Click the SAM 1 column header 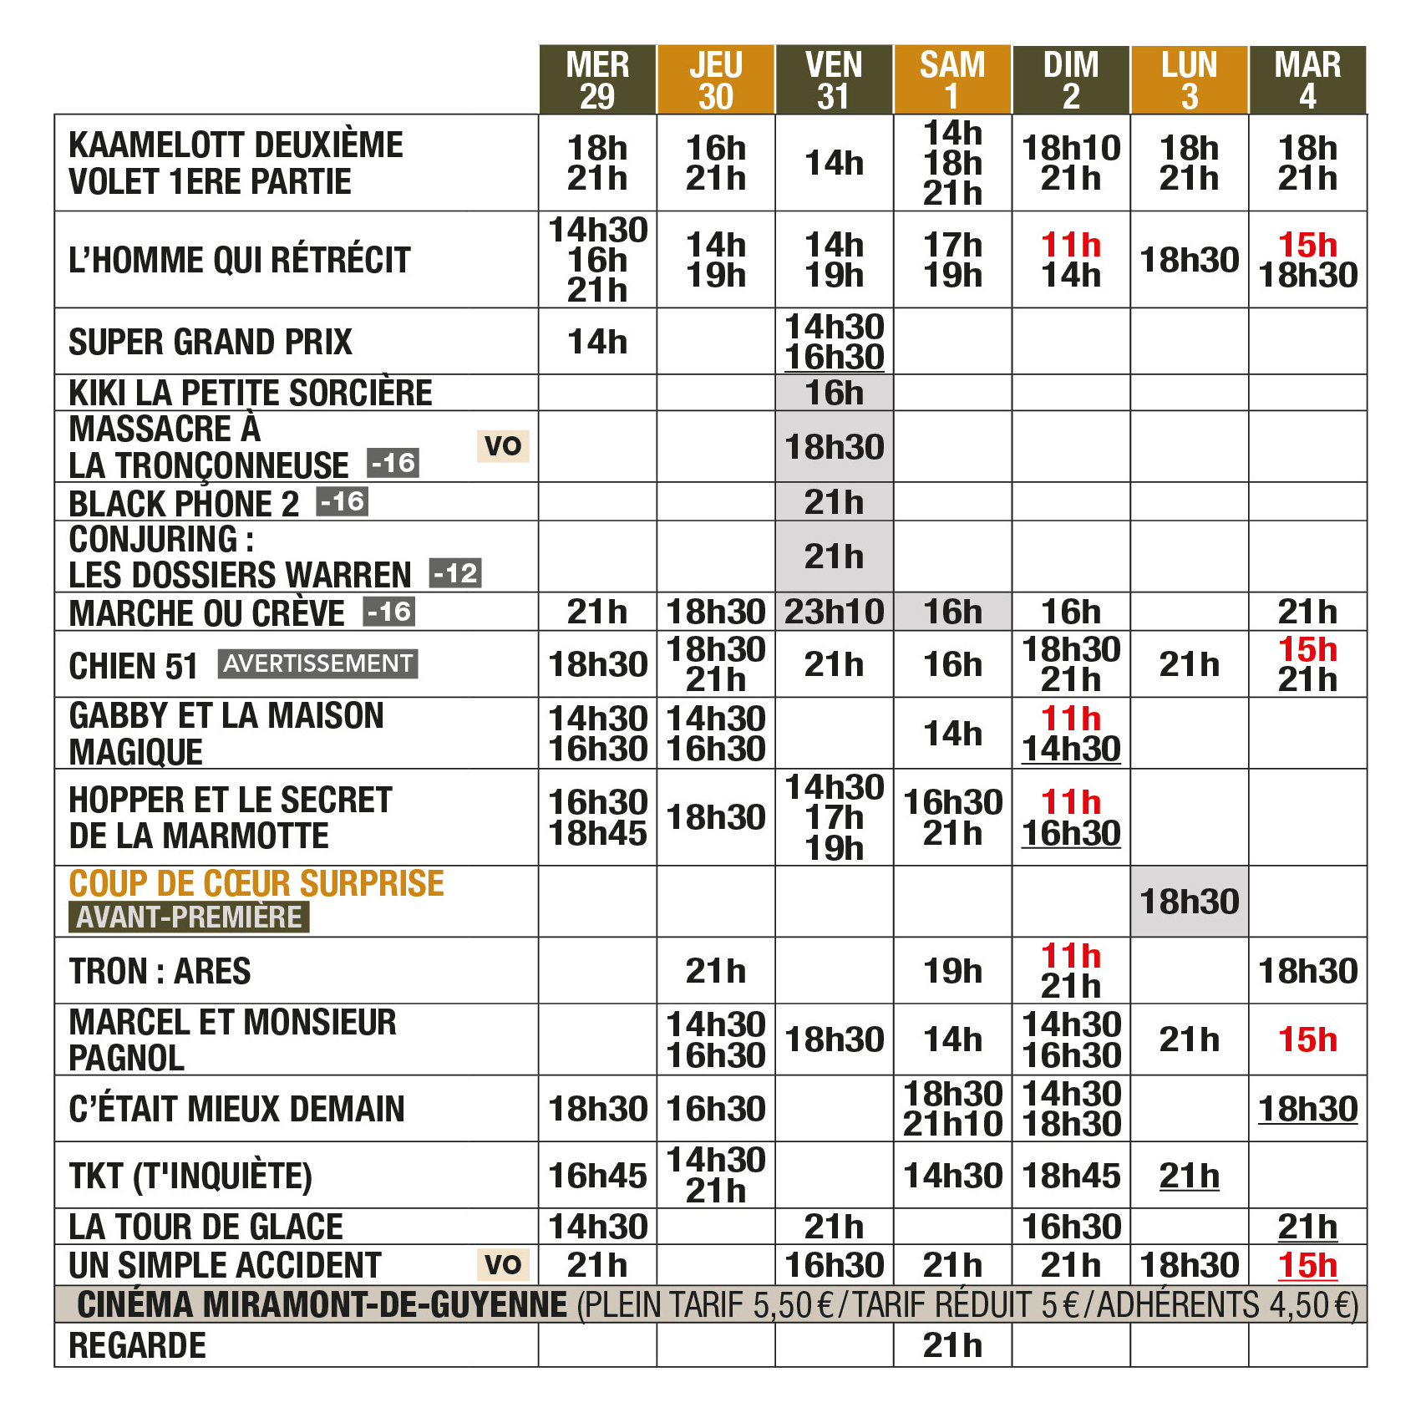pyautogui.click(x=952, y=80)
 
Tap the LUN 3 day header pyautogui.click(x=1189, y=80)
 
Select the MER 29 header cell pyautogui.click(x=597, y=80)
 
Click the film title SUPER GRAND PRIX pyautogui.click(x=211, y=343)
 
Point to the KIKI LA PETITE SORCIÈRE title pyautogui.click(x=251, y=393)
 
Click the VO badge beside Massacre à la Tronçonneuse pyautogui.click(x=503, y=445)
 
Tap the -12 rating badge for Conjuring pyautogui.click(x=455, y=573)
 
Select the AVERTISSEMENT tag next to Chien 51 pyautogui.click(x=317, y=663)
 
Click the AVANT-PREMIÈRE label pyautogui.click(x=189, y=917)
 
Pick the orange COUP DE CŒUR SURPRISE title pyautogui.click(x=256, y=883)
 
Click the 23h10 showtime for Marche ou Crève pyautogui.click(x=834, y=612)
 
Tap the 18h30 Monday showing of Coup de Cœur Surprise pyautogui.click(x=1189, y=902)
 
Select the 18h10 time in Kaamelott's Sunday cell pyautogui.click(x=1071, y=148)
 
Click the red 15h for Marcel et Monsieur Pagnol pyautogui.click(x=1307, y=1039)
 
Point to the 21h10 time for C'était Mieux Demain pyautogui.click(x=952, y=1125)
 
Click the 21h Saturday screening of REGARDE pyautogui.click(x=952, y=1345)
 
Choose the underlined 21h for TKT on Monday pyautogui.click(x=1189, y=1176)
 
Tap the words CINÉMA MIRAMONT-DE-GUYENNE pyautogui.click(x=322, y=1304)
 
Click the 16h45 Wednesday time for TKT pyautogui.click(x=597, y=1176)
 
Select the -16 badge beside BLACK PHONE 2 pyautogui.click(x=343, y=501)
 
